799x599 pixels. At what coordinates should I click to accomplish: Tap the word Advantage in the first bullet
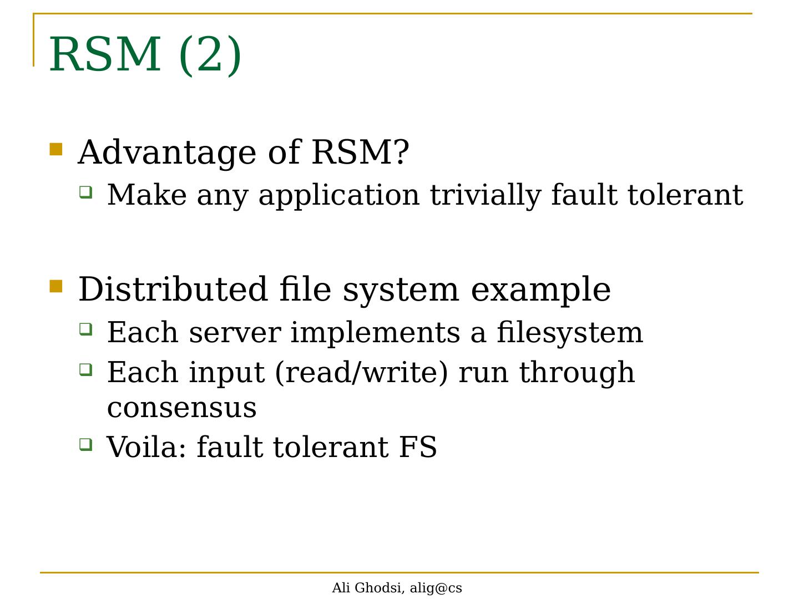coord(168,153)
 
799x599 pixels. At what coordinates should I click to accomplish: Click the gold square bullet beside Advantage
coord(56,149)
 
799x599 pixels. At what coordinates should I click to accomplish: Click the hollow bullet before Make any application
coord(86,192)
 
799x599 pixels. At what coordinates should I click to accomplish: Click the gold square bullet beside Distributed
coord(56,286)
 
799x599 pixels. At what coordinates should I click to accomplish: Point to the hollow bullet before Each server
coord(86,329)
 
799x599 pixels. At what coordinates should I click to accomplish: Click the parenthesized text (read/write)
coord(361,373)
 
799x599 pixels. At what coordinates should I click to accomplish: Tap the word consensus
coord(182,408)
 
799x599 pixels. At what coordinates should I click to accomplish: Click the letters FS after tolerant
coord(418,447)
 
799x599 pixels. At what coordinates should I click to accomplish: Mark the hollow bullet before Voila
coord(86,444)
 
